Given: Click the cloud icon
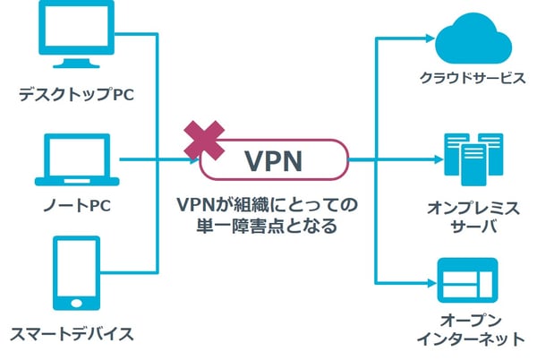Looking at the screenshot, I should click(x=472, y=38).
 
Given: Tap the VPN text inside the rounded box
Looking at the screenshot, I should click(x=273, y=162).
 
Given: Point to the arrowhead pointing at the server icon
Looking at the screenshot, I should click(x=429, y=162).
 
